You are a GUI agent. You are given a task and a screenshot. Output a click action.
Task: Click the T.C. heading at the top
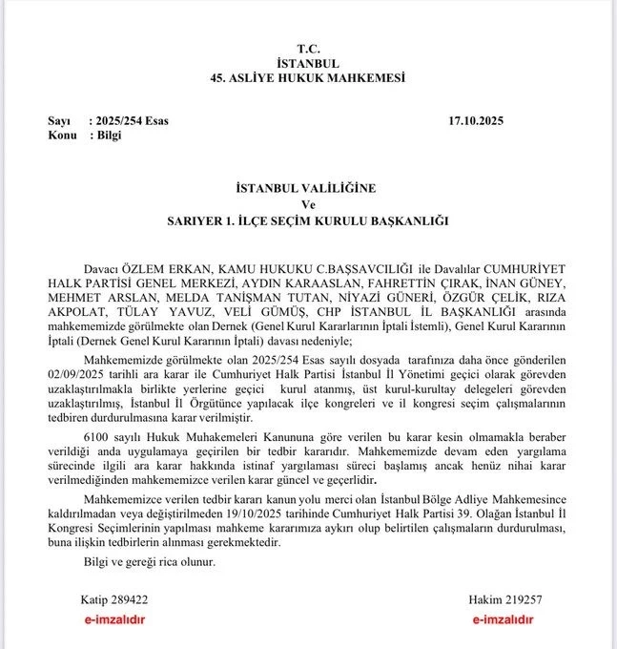(x=307, y=47)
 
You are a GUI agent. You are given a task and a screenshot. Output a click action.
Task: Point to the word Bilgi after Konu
(x=104, y=136)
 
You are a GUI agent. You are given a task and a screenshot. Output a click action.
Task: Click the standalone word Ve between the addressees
(x=307, y=205)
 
